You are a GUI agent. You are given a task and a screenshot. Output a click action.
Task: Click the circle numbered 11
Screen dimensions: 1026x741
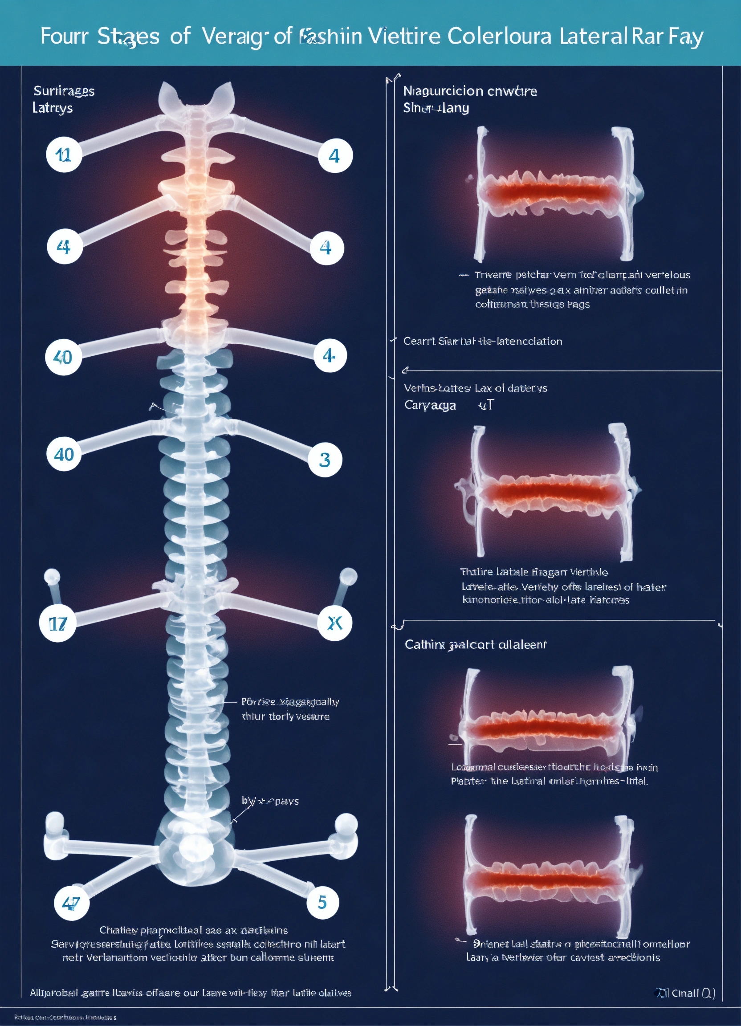(x=63, y=155)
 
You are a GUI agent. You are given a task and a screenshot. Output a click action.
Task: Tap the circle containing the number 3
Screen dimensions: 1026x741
(x=325, y=460)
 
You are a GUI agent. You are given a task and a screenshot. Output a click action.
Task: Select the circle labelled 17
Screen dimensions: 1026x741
(x=57, y=624)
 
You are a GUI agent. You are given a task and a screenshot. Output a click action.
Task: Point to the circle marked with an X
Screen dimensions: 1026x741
(x=335, y=623)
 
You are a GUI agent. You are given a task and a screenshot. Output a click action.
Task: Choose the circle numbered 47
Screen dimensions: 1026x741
(x=72, y=903)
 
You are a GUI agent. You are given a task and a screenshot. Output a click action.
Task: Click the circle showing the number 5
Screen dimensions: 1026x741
(x=322, y=902)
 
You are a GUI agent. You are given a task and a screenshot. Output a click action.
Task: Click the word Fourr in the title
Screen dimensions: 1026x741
(x=64, y=36)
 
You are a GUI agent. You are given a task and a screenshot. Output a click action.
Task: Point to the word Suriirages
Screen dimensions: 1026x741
(x=64, y=91)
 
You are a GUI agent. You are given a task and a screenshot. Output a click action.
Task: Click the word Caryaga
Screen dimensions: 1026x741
(x=430, y=405)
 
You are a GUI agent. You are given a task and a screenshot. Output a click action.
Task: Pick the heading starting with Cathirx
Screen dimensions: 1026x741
(x=475, y=645)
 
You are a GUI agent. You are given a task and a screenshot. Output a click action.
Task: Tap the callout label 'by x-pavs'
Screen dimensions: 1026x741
(x=270, y=801)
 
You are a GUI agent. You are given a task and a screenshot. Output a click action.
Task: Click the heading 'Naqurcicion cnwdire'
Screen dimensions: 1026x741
(x=469, y=91)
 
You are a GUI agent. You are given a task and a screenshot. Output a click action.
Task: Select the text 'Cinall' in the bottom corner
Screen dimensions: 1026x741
(x=685, y=993)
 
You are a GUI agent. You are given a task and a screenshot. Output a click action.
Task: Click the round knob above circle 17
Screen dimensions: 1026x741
(x=52, y=576)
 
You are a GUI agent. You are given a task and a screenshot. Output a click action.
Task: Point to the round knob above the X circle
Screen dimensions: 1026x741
(x=348, y=576)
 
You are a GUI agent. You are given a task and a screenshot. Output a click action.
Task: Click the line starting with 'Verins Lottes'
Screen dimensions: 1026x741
(x=475, y=388)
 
